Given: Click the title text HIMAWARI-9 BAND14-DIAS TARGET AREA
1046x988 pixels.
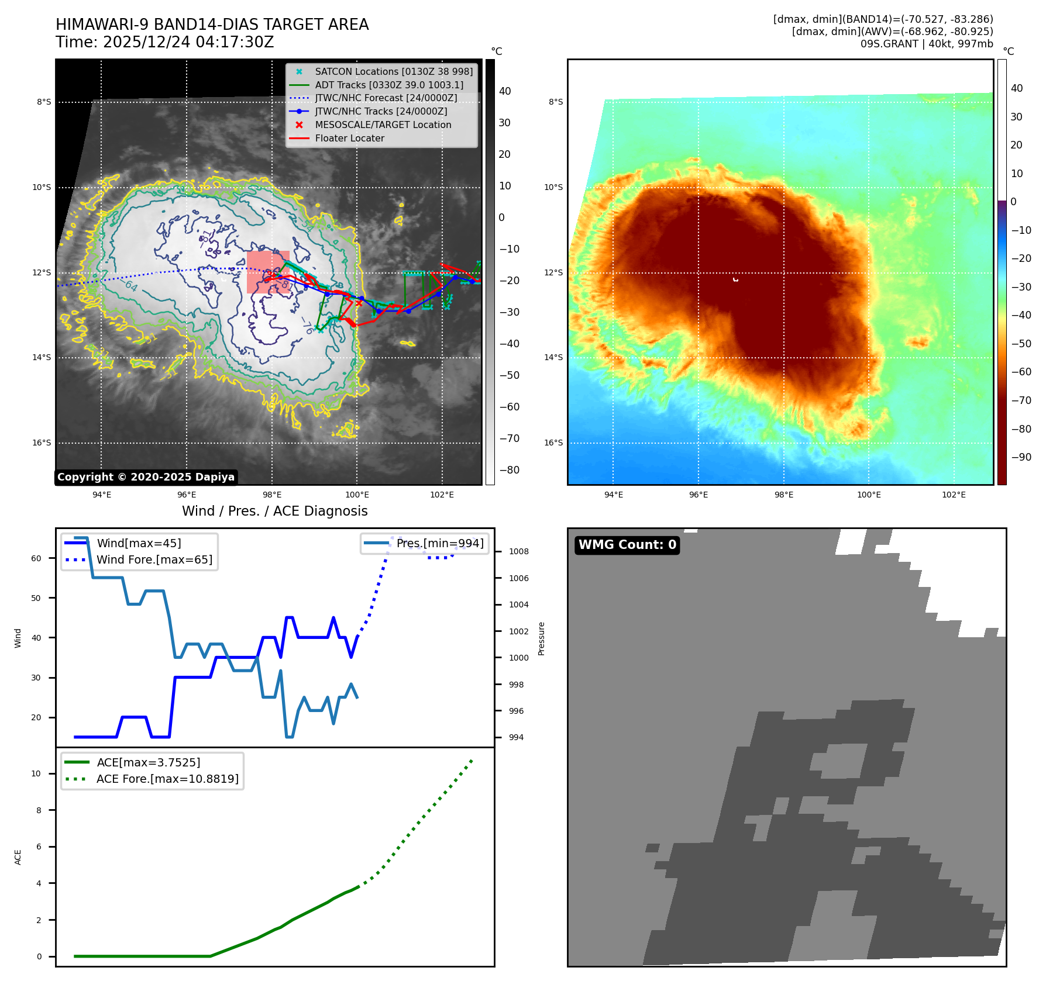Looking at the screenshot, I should point(212,25).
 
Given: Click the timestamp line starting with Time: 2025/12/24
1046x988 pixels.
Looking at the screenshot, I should point(164,42).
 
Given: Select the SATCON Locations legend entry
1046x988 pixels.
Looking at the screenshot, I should point(393,71).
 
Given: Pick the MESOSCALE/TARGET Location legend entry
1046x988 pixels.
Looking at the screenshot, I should point(383,125).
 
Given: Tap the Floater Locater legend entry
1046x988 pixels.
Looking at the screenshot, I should point(349,138).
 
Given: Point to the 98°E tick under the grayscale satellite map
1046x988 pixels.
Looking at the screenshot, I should point(272,495).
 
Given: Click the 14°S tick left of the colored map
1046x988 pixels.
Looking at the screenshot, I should point(553,357).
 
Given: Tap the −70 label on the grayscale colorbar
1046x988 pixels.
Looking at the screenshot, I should point(509,438).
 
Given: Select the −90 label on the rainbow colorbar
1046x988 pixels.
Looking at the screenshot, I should point(1021,457).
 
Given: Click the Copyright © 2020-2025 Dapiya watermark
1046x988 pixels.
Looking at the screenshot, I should point(146,477).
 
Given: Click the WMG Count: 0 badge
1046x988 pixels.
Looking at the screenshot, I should point(627,545).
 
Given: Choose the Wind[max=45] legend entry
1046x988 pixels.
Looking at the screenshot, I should point(139,543).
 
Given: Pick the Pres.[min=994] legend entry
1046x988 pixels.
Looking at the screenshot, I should point(439,543).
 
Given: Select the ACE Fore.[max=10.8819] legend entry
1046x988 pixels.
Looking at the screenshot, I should point(167,779).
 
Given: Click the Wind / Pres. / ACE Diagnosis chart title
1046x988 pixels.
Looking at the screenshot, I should point(274,511).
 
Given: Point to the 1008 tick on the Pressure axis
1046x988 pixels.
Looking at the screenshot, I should point(518,551).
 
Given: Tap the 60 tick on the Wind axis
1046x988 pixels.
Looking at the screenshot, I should point(36,558).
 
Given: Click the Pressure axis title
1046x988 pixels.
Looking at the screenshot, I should point(541,638).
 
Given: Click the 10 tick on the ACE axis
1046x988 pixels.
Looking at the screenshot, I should point(36,773).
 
